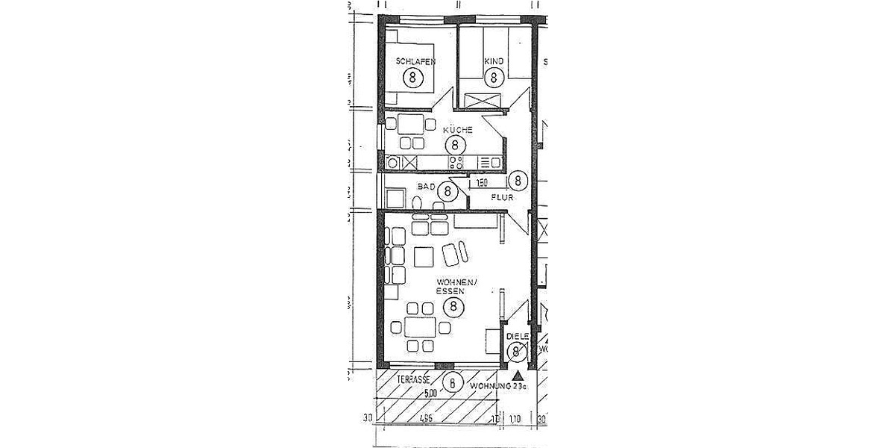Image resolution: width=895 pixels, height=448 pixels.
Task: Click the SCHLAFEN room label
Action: [416, 61]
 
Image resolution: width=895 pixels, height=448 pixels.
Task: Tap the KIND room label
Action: [494, 61]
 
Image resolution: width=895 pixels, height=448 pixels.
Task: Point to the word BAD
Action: [427, 187]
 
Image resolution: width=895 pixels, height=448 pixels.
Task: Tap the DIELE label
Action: [517, 337]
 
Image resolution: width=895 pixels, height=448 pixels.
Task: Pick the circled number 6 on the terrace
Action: [451, 382]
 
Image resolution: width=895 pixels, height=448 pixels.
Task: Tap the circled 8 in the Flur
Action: [518, 180]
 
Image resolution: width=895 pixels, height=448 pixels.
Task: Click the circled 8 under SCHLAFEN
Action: [411, 76]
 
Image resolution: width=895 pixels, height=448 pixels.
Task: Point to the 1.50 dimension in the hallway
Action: [482, 181]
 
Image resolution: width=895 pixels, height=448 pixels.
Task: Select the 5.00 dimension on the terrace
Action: [430, 391]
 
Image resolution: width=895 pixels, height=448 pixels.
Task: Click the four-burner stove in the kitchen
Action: [455, 161]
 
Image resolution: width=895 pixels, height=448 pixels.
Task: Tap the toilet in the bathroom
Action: [418, 202]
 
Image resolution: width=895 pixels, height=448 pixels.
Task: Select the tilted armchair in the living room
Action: [455, 253]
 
